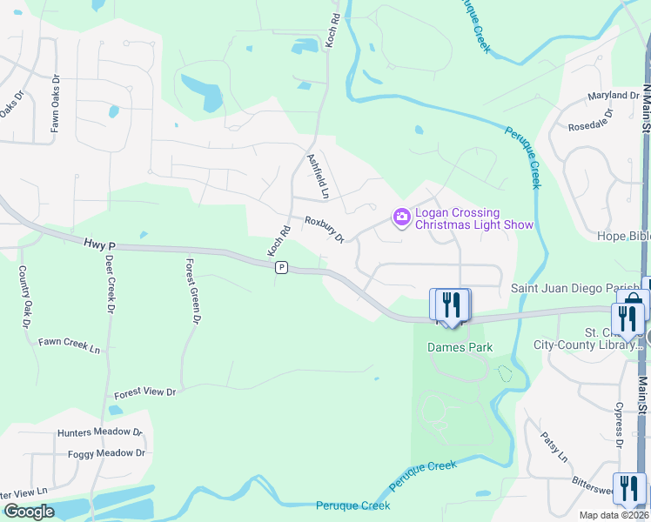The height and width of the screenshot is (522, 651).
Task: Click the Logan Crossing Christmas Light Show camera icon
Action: coord(401,217)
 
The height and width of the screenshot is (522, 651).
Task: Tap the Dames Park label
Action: coord(460,347)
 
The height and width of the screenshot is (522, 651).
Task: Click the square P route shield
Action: coord(281,268)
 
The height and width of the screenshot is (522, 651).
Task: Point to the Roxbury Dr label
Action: coord(325,229)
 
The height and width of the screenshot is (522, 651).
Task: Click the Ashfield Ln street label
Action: coord(319,177)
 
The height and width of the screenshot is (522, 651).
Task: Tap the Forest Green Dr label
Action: coord(192,291)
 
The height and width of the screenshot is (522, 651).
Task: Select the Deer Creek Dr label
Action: coord(110,284)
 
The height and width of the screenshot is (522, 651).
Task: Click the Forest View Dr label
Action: coord(144,392)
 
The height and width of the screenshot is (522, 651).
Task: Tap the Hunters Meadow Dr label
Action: coord(99,432)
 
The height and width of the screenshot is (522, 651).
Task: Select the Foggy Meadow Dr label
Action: coord(104,453)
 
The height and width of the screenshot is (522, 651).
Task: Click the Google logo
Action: coord(29,512)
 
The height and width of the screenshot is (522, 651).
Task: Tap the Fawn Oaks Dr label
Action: coord(55,111)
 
